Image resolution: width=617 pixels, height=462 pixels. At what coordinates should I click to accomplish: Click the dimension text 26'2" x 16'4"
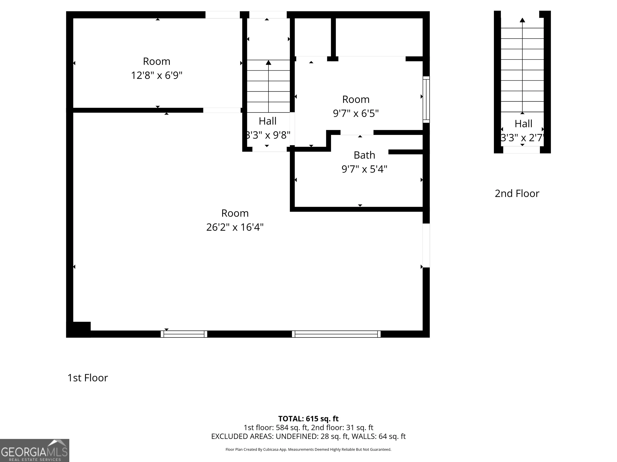click(x=235, y=227)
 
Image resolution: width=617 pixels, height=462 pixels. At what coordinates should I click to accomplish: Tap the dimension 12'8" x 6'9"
click(x=157, y=75)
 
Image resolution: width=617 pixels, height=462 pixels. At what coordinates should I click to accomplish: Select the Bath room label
click(x=364, y=155)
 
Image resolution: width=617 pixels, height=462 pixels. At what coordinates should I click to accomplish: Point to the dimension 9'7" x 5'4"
click(x=364, y=169)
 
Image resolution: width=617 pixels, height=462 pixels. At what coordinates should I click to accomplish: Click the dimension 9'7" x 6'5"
click(x=356, y=113)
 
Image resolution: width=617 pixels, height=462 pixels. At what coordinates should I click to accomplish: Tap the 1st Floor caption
click(x=88, y=378)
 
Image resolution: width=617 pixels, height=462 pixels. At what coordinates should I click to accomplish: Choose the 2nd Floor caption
click(x=517, y=194)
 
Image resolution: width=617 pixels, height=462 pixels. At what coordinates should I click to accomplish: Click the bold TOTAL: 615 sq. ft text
click(x=308, y=418)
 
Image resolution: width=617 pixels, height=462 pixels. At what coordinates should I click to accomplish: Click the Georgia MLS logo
click(x=35, y=450)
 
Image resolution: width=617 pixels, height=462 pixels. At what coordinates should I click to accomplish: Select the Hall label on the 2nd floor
click(x=523, y=124)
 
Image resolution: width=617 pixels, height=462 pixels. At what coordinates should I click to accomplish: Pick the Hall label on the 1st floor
click(x=268, y=121)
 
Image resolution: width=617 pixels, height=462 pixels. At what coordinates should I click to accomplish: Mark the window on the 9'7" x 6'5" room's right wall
click(x=426, y=99)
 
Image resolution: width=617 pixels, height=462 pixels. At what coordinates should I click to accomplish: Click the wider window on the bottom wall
click(x=336, y=334)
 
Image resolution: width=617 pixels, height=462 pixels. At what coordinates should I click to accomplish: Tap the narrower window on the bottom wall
click(x=184, y=334)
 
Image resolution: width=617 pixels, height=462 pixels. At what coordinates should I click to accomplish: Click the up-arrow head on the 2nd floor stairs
click(x=522, y=20)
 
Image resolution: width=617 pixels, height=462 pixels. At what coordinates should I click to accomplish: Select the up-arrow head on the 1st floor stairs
click(x=268, y=62)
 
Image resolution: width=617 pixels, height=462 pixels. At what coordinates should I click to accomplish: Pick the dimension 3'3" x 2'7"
click(x=522, y=138)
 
